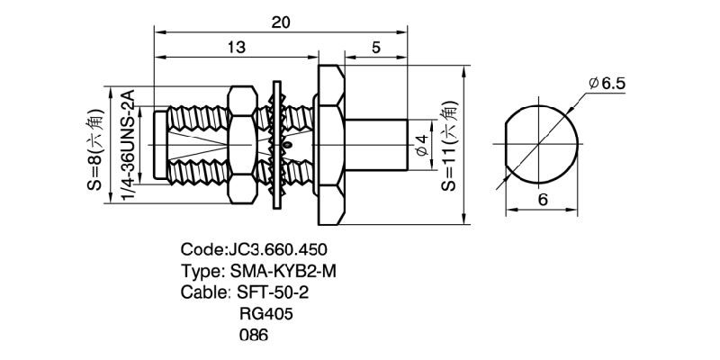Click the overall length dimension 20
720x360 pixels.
(x=281, y=24)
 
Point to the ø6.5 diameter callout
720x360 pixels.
(x=607, y=84)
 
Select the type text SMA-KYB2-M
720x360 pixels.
(x=288, y=271)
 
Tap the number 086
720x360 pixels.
(x=254, y=336)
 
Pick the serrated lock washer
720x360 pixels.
(x=279, y=144)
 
